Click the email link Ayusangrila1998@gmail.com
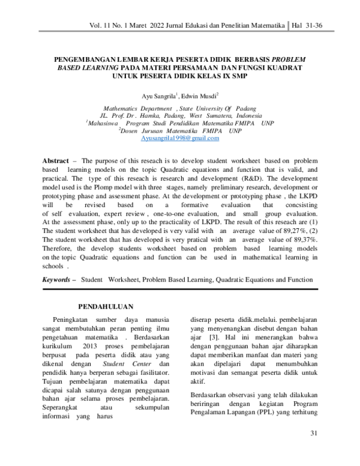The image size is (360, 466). point(179,138)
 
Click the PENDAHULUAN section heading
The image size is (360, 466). point(106,306)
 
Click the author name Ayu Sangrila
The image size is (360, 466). point(157,95)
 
